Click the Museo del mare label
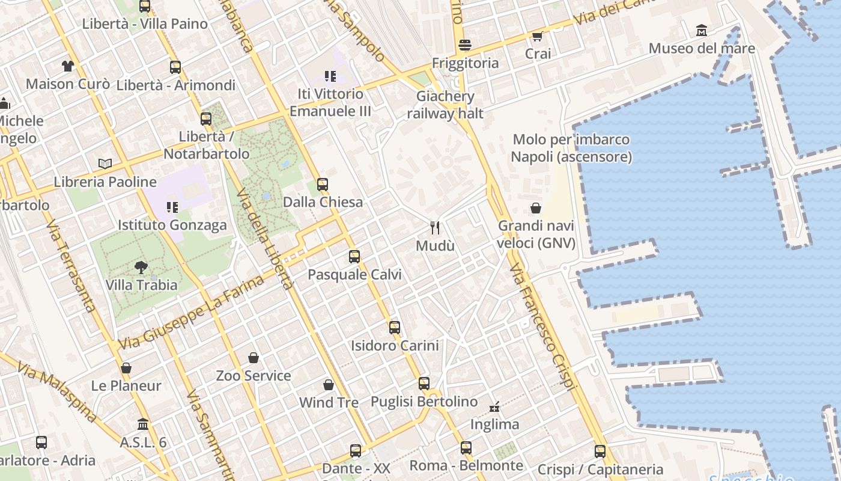[702, 48]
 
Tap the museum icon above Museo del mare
[701, 30]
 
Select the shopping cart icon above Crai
[537, 36]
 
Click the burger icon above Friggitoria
[464, 45]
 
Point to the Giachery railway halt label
[445, 105]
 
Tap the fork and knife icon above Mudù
[436, 227]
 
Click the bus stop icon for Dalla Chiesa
[323, 185]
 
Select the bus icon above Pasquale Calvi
[354, 257]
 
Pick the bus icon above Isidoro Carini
[395, 328]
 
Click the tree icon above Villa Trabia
[141, 267]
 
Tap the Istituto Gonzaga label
[172, 225]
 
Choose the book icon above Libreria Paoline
[105, 164]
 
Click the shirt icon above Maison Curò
[67, 66]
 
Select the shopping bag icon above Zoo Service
[254, 358]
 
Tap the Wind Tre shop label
[329, 402]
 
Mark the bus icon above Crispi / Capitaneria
[600, 451]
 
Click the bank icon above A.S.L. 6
[143, 424]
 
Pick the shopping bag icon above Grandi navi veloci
[536, 208]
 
